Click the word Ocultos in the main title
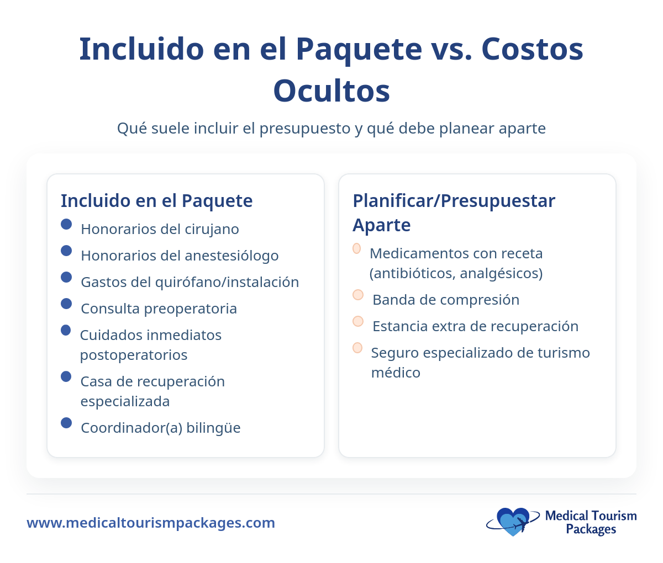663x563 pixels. click(331, 91)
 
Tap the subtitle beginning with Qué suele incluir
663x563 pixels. click(331, 129)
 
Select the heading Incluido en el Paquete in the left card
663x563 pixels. click(156, 201)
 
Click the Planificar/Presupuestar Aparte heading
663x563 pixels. click(454, 213)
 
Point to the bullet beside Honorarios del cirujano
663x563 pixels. click(66, 224)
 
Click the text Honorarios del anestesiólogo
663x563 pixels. click(180, 256)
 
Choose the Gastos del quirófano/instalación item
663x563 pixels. click(190, 282)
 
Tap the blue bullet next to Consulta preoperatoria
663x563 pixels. click(66, 304)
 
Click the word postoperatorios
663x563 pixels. click(134, 355)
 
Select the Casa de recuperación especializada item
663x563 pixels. click(152, 391)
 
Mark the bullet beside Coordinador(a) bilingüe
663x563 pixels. click(66, 423)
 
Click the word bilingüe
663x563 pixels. click(213, 428)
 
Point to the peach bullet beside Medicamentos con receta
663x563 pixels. click(357, 248)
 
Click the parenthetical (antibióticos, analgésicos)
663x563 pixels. click(456, 273)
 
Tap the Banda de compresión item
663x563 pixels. click(446, 300)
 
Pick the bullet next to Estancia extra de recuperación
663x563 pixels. click(358, 321)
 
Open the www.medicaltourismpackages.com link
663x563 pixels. click(151, 523)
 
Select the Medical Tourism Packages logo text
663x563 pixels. click(591, 522)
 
